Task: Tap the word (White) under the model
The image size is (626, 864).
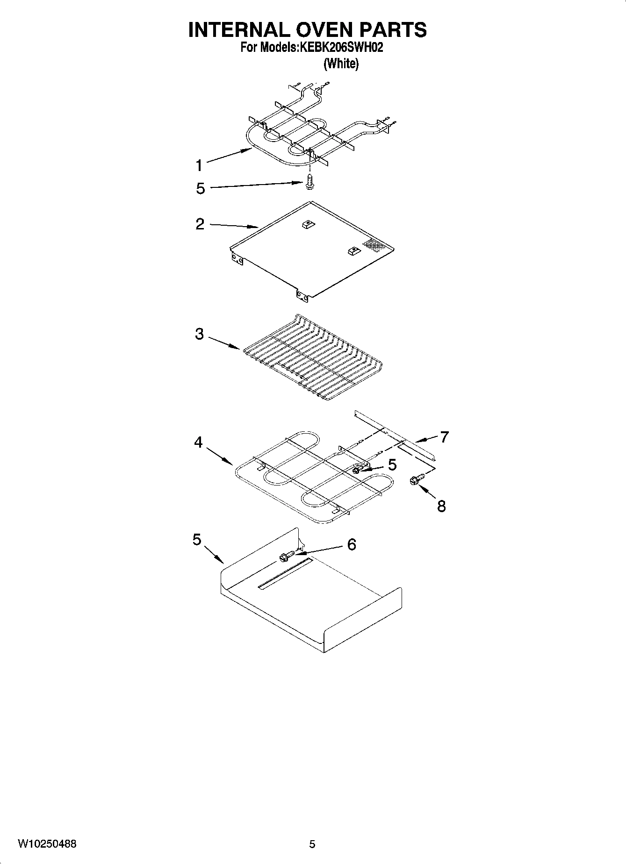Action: [x=341, y=64]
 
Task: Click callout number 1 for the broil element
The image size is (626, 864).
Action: [x=199, y=165]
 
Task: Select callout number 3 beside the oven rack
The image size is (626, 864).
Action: [x=200, y=334]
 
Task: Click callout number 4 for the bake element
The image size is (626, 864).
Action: [x=199, y=442]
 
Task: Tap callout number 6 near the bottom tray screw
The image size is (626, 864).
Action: [x=352, y=544]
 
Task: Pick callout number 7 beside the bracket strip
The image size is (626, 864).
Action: [x=444, y=437]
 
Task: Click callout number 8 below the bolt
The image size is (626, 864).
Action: [x=441, y=506]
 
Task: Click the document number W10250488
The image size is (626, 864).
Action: [x=47, y=844]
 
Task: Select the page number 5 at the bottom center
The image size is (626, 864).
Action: [x=312, y=844]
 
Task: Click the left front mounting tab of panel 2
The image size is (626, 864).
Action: [x=237, y=258]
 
